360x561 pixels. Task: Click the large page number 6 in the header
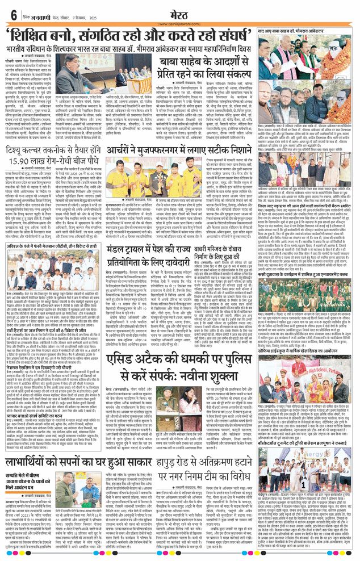click(12, 14)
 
